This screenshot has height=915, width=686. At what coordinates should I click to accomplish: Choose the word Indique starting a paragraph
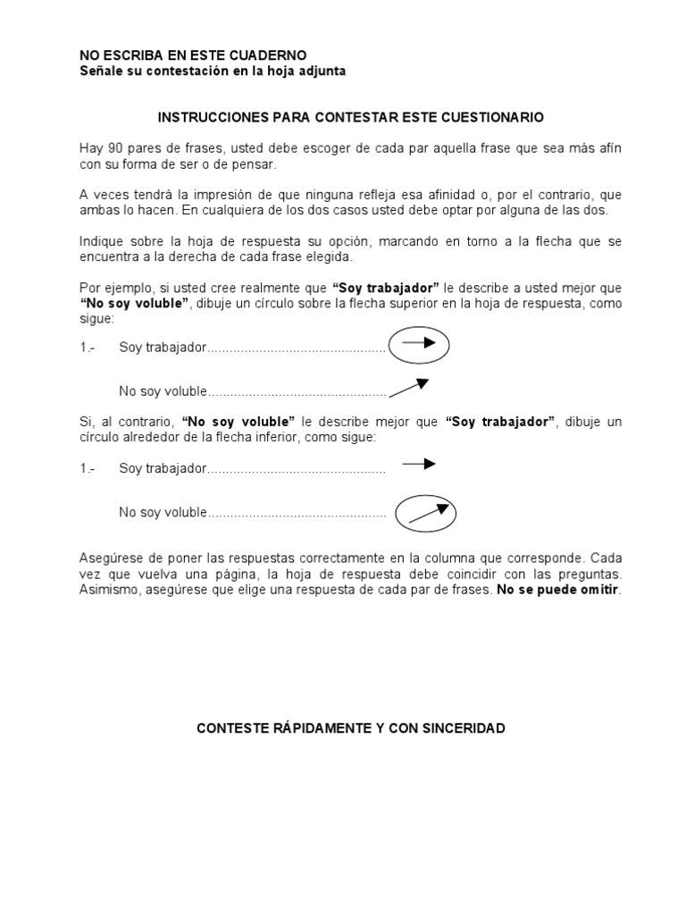tap(101, 242)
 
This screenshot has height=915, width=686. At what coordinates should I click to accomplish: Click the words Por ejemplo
tap(106, 289)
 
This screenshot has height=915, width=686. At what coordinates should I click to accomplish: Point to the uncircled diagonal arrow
tap(410, 386)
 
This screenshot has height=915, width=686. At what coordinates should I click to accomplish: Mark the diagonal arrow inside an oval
tap(426, 513)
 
